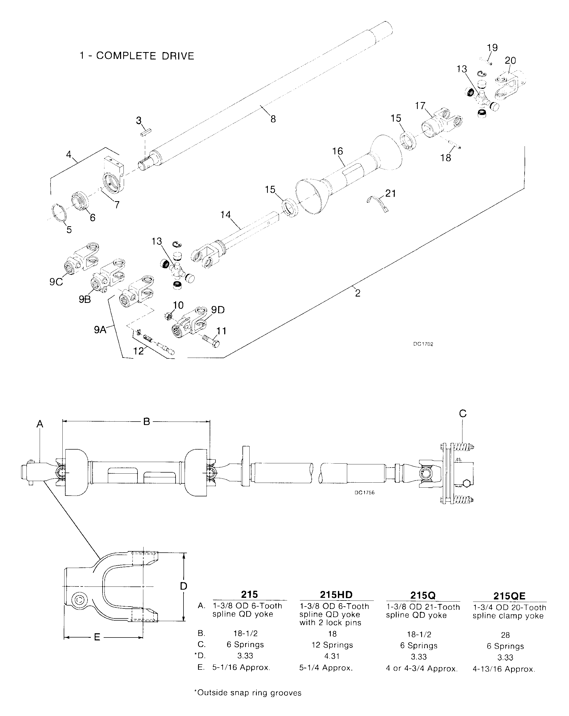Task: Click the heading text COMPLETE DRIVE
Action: [x=145, y=56]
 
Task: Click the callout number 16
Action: [x=337, y=151]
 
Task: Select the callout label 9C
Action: [x=56, y=282]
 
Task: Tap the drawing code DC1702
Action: [x=423, y=344]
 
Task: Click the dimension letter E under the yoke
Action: [x=97, y=637]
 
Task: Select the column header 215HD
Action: [x=336, y=594]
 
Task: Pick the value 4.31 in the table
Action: [x=332, y=656]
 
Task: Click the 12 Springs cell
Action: [x=332, y=645]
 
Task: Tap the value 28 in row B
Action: [x=505, y=635]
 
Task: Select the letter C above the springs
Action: [x=463, y=413]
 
